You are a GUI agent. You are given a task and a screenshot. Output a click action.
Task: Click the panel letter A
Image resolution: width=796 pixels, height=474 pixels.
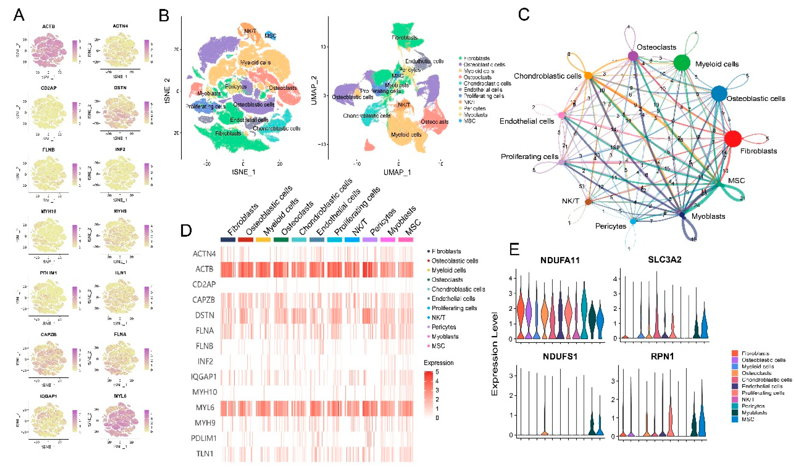[x=19, y=15]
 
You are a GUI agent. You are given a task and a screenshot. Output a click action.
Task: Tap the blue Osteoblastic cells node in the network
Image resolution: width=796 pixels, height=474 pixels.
[x=719, y=94]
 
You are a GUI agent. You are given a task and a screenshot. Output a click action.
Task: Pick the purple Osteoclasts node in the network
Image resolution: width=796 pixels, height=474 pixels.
[x=633, y=56]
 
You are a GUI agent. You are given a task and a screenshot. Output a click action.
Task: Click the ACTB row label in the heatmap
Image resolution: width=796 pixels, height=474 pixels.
[x=204, y=269]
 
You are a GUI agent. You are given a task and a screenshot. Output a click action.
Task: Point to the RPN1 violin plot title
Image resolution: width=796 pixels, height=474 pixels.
[x=662, y=356]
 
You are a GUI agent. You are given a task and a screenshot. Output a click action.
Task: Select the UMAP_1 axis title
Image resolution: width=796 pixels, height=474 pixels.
[x=397, y=172]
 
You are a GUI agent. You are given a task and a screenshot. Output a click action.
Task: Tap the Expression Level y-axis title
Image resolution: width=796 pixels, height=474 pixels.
[x=495, y=354]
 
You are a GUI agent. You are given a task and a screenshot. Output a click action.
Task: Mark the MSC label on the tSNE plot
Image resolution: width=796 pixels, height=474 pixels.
[x=270, y=36]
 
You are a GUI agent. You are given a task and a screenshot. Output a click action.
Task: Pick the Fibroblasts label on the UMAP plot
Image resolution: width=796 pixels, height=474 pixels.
[x=404, y=38]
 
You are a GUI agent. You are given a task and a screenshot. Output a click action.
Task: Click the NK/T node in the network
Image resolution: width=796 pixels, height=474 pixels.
[x=588, y=202]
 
